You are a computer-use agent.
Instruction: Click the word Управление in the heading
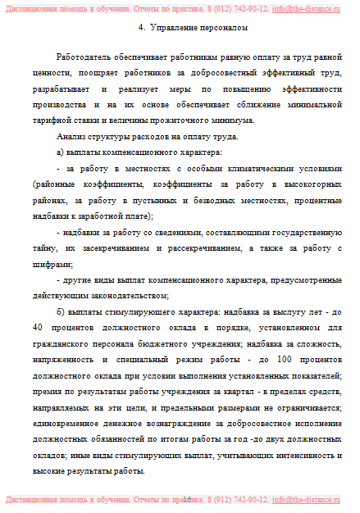tap(175, 28)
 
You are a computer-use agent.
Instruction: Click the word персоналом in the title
tap(224, 28)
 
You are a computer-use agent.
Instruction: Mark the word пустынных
tap(143, 199)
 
